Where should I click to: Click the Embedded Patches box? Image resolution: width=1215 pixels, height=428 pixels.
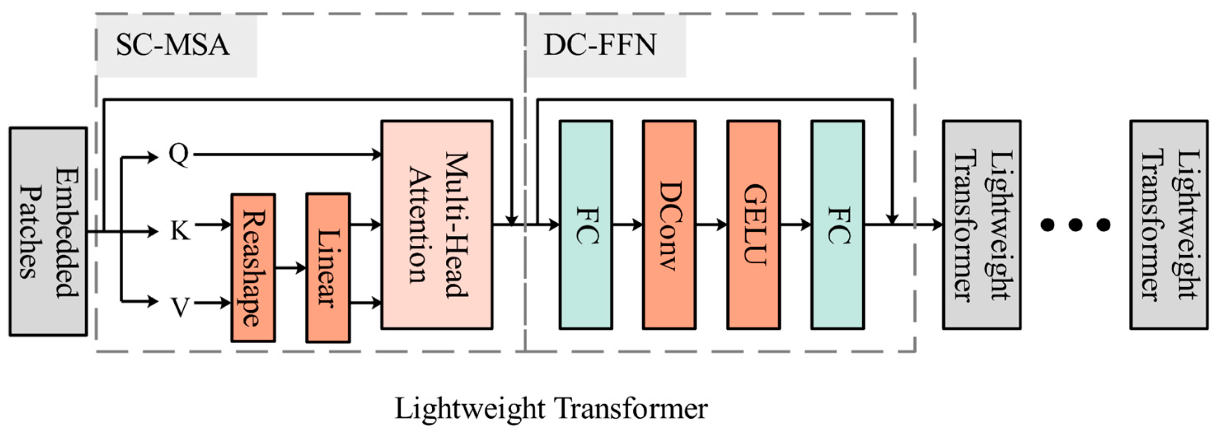coord(48,231)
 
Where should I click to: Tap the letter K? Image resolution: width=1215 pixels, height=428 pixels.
coord(180,231)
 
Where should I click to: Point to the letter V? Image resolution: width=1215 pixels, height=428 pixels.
coord(180,307)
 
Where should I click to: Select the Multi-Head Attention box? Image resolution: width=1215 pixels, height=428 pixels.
coord(437,224)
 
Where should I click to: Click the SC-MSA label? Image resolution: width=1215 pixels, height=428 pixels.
coord(173,45)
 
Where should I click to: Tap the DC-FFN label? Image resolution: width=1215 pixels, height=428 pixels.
coord(600,45)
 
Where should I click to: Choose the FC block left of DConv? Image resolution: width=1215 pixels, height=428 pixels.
coord(586,224)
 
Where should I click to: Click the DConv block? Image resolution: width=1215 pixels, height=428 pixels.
coord(669,224)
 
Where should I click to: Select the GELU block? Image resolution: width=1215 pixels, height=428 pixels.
coord(753,224)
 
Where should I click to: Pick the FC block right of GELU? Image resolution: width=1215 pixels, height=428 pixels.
coord(838,224)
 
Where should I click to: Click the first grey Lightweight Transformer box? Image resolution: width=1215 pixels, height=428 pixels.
coord(982,224)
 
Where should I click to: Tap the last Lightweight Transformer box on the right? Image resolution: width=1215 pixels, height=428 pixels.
coord(1169,224)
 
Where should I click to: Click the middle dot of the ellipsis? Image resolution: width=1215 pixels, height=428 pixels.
coord(1075,225)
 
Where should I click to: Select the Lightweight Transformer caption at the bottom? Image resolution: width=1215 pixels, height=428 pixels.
coord(551,409)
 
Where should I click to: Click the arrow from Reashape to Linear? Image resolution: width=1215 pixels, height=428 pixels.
coord(290,268)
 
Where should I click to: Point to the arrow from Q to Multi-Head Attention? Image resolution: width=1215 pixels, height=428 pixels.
coord(288,154)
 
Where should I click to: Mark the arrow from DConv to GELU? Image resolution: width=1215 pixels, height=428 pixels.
coord(711,225)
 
